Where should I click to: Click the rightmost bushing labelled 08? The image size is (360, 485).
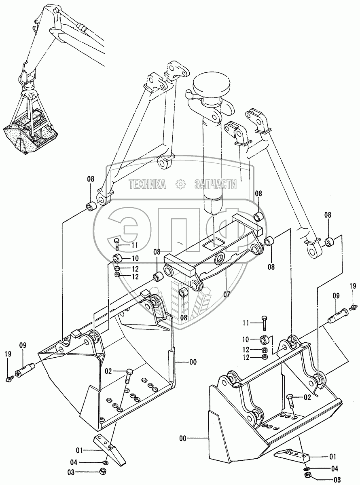[x=330, y=243]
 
